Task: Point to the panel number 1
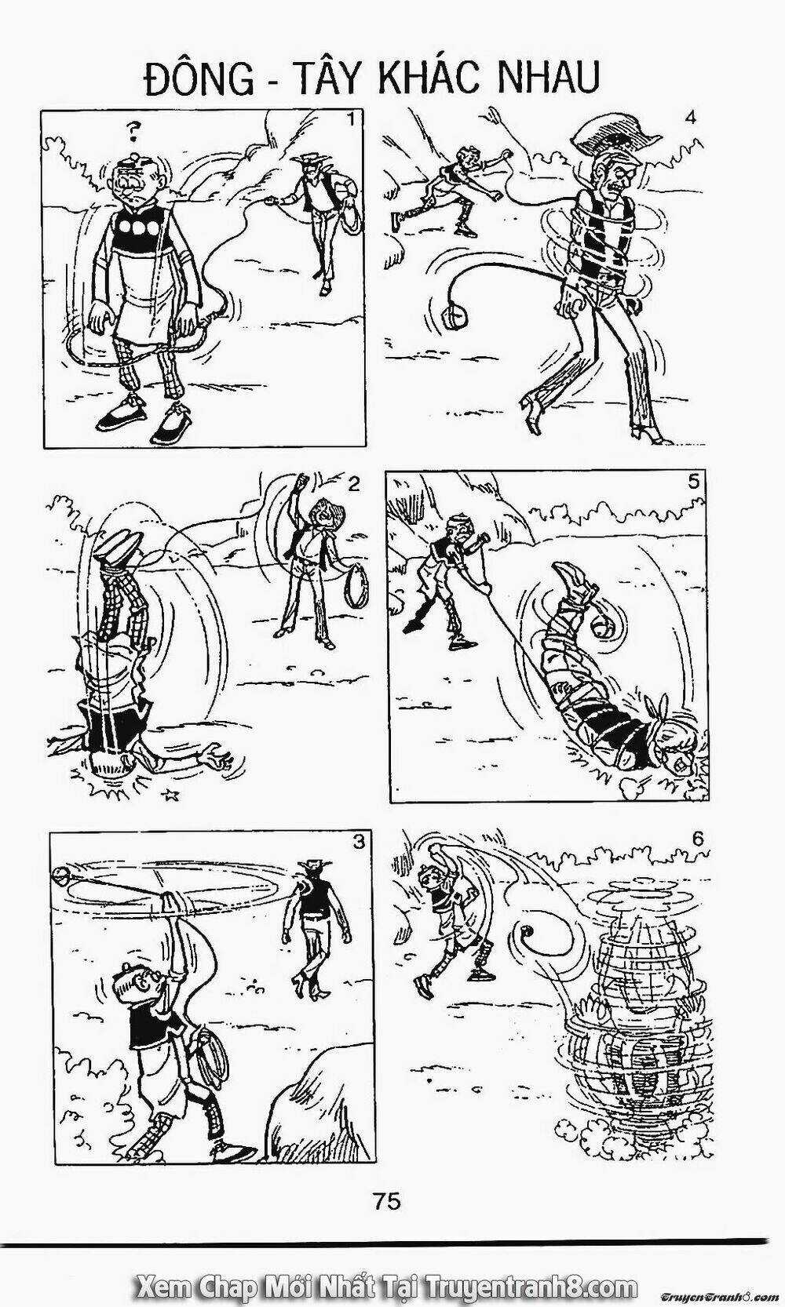(x=350, y=120)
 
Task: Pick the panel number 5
(x=693, y=482)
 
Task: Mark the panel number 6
(x=698, y=839)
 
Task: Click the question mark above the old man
(x=135, y=133)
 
